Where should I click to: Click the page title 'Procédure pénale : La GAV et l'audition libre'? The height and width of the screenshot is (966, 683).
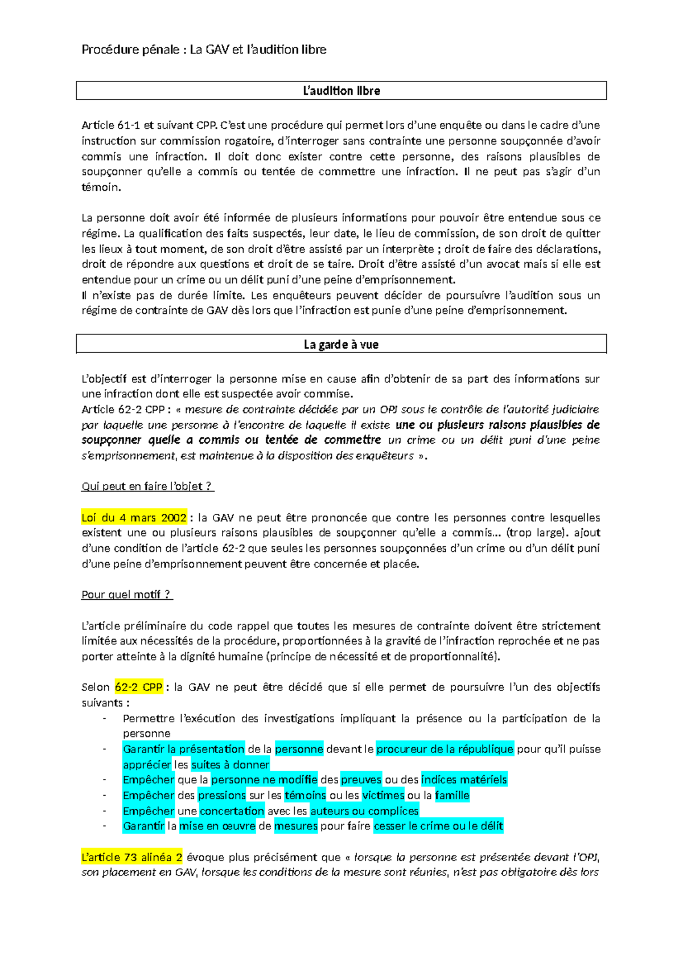[x=204, y=50]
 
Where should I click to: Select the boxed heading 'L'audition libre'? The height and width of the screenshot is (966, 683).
[x=341, y=91]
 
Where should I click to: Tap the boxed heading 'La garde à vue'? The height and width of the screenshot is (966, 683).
[x=341, y=345]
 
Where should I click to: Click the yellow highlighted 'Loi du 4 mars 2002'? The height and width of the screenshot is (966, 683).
[x=134, y=518]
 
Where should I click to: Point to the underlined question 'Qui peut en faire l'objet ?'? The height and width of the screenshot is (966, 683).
[x=147, y=486]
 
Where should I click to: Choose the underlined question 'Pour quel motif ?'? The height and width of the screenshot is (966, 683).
[x=126, y=595]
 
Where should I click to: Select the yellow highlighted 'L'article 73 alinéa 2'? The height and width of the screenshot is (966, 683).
[x=132, y=857]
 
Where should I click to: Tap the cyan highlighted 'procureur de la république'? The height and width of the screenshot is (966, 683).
[x=445, y=749]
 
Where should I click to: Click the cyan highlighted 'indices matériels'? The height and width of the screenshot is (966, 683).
[x=464, y=780]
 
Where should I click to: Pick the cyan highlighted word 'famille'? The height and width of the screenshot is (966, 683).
[x=452, y=795]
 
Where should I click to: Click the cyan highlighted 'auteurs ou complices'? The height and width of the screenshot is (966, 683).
[x=364, y=811]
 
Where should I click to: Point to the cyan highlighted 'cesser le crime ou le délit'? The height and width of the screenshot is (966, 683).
[x=438, y=826]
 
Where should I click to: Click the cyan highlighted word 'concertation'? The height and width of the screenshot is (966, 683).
[x=232, y=811]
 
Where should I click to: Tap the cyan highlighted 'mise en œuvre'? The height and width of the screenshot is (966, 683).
[x=217, y=826]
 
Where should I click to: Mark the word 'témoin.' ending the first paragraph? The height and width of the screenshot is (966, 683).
[x=101, y=187]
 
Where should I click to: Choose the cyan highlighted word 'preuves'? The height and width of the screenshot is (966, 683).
[x=361, y=780]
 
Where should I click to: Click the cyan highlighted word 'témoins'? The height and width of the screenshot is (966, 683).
[x=305, y=795]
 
